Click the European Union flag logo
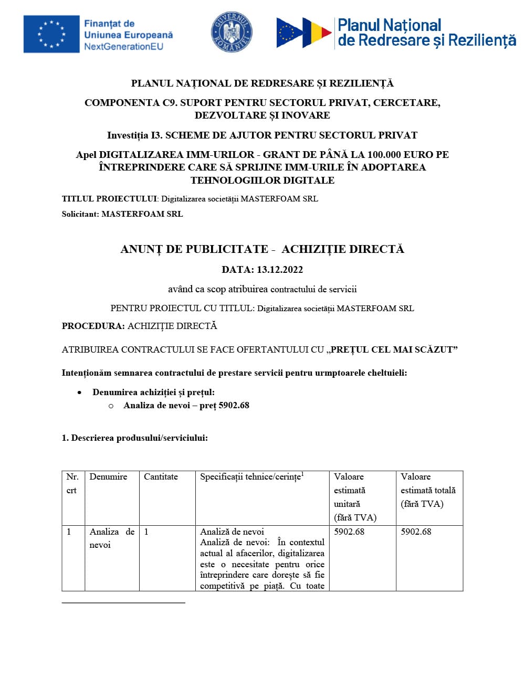(51, 34)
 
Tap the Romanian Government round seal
(232, 33)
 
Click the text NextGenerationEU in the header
(123, 47)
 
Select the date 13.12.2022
(280, 270)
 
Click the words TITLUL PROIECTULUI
(109, 199)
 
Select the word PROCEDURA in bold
(93, 326)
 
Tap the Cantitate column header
(161, 477)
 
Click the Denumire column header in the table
(108, 477)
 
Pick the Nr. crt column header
(72, 483)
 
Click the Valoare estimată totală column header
(428, 490)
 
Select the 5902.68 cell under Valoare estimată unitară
(349, 532)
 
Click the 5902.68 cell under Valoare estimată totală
(416, 532)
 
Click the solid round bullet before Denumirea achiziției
(79, 392)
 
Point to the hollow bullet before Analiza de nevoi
(111, 406)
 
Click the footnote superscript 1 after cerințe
(302, 474)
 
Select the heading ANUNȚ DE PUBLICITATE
(194, 249)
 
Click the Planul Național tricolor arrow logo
(304, 33)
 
